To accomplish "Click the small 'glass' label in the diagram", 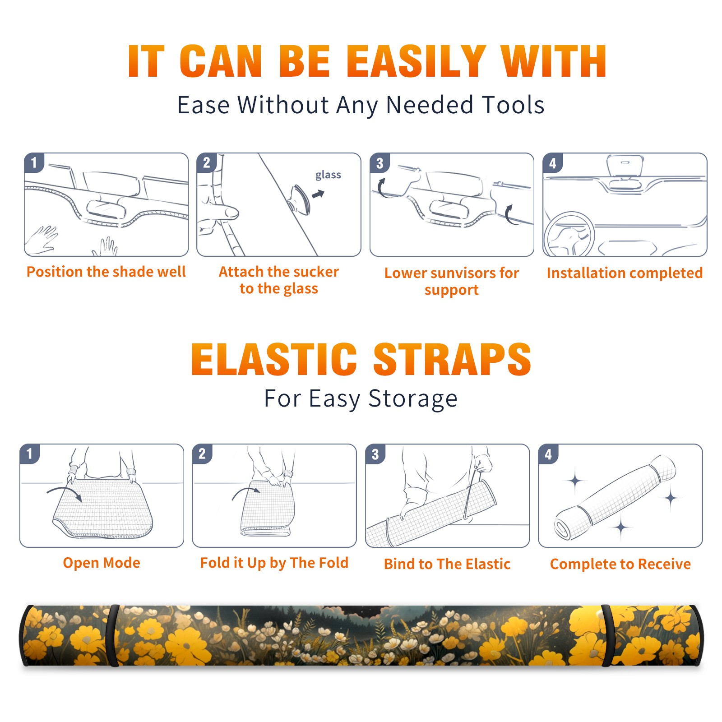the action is pyautogui.click(x=328, y=175).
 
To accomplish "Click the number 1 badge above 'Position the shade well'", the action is pyautogui.click(x=34, y=162).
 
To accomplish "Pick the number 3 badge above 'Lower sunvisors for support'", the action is pyautogui.click(x=380, y=163).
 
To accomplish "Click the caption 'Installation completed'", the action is pyautogui.click(x=625, y=273).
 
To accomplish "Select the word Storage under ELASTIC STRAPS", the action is pyautogui.click(x=413, y=399).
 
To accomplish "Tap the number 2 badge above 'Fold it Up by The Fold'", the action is pyautogui.click(x=202, y=454).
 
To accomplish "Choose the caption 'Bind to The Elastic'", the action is pyautogui.click(x=447, y=564).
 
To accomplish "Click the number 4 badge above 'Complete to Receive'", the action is pyautogui.click(x=548, y=454).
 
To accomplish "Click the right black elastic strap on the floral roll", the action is pyautogui.click(x=606, y=635).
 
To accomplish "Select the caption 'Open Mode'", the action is pyautogui.click(x=102, y=563).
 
